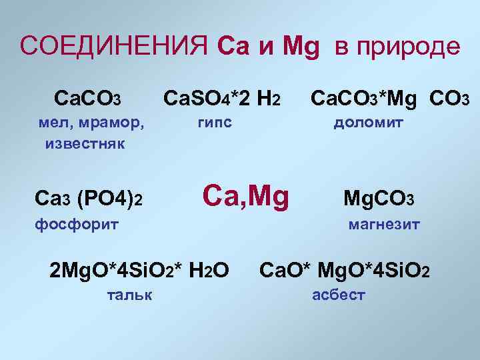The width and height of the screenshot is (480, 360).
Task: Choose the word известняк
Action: tap(85, 143)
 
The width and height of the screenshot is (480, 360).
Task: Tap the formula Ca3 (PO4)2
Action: tap(89, 198)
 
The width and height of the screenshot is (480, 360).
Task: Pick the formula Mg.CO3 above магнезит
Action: tap(379, 199)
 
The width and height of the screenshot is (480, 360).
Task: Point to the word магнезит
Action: tap(384, 225)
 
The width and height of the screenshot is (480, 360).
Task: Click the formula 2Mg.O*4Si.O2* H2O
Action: tap(140, 270)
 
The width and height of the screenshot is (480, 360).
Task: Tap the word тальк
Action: tap(129, 294)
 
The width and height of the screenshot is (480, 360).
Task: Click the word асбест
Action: tap(339, 295)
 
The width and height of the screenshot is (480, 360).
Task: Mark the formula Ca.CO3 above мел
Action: tap(87, 100)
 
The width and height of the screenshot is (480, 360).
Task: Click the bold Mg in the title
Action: tap(301, 48)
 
